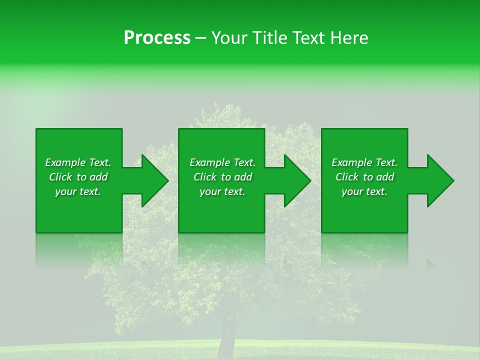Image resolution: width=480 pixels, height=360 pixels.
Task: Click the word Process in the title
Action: tap(157, 38)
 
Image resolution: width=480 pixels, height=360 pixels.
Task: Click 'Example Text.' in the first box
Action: tap(78, 162)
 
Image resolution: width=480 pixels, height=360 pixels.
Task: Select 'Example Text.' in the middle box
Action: tap(222, 162)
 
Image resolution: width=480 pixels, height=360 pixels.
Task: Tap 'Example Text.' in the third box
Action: tap(364, 162)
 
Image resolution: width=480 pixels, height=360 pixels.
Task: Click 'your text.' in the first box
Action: tap(78, 191)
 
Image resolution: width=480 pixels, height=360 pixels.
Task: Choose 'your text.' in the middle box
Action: tap(222, 191)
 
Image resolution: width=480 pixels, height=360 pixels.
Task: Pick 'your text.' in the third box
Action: tap(364, 191)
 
